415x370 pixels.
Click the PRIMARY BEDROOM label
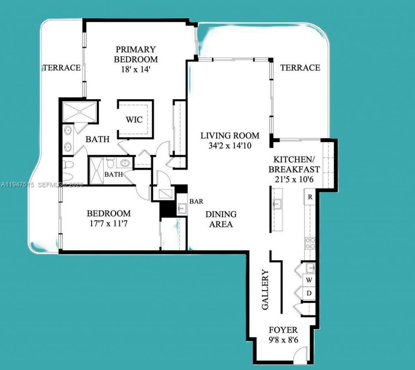[135, 54]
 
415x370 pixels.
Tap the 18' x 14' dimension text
[135, 69]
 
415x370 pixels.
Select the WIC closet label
[134, 120]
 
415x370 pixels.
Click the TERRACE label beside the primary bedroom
[62, 68]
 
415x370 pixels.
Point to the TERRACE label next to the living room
[300, 68]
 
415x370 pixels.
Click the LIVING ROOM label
[230, 136]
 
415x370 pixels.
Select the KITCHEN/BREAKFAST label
[296, 164]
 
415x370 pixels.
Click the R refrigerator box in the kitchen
[310, 197]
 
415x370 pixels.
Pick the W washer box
[309, 280]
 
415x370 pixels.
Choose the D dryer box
[309, 293]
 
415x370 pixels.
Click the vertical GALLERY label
[265, 290]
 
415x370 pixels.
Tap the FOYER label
[283, 330]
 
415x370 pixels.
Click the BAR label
[196, 201]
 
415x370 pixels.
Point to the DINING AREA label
[221, 219]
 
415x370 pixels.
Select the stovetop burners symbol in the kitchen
[310, 243]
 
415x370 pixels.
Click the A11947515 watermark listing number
[19, 184]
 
